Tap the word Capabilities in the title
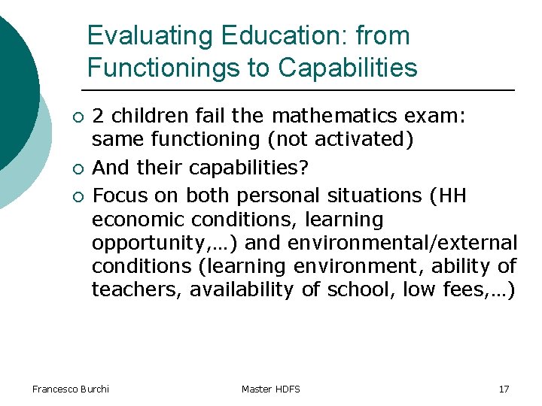(347, 68)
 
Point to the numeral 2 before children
(98, 117)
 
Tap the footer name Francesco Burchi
(71, 389)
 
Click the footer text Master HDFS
(271, 389)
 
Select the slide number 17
(504, 389)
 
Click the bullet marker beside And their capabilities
(76, 167)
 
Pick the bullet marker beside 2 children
(76, 117)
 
